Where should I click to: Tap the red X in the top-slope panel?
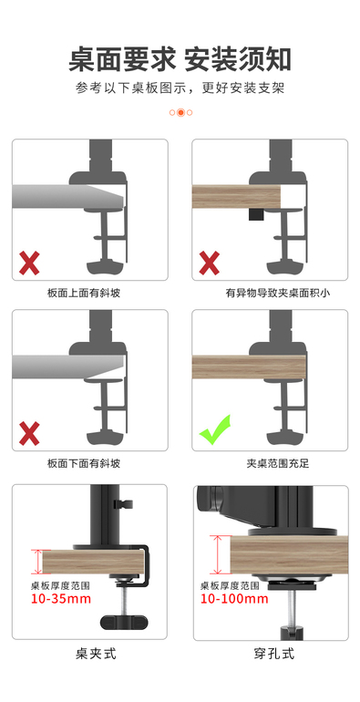coord(29,263)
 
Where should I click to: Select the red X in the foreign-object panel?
coord(209,263)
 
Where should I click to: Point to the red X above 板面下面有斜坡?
coord(29,433)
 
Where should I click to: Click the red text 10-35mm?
coord(60,598)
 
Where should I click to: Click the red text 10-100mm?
coord(234,598)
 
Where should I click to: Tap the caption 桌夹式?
coord(96,654)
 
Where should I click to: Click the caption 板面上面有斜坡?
coord(84,294)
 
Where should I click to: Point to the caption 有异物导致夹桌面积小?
coord(278,294)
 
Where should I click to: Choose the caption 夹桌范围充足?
coord(278,463)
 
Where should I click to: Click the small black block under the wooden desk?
coord(256,214)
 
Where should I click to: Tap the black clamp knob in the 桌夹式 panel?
coord(123,622)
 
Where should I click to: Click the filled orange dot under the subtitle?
coord(180,112)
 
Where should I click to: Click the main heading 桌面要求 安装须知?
coord(180,58)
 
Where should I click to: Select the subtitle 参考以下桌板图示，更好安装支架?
coord(180,88)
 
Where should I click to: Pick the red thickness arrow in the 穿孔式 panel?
coord(217,554)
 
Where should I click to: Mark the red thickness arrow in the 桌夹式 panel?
coord(36,562)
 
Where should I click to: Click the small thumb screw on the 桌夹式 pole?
coord(124,504)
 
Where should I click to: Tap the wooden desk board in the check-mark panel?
coord(249,366)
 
